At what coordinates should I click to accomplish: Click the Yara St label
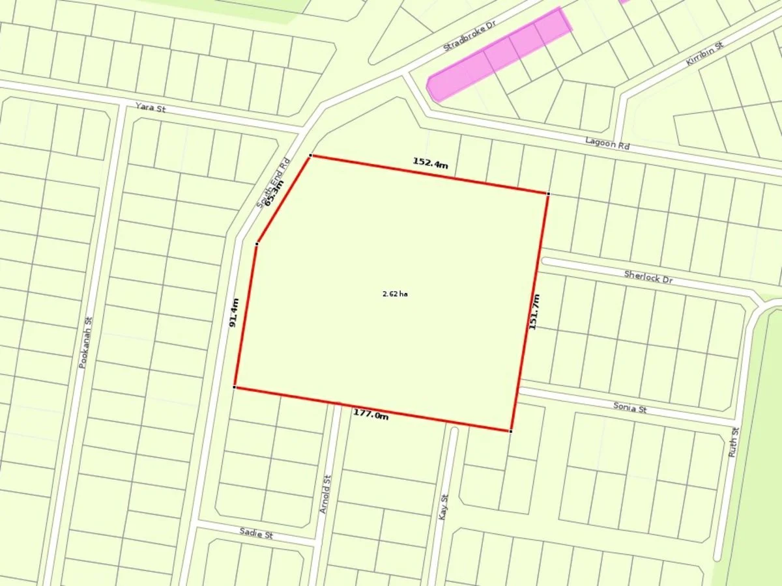(x=150, y=107)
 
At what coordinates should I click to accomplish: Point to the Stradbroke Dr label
(x=469, y=35)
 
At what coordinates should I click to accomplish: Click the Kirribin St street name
(x=705, y=51)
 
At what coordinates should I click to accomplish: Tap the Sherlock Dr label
(x=648, y=276)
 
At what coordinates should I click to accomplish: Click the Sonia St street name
(x=630, y=408)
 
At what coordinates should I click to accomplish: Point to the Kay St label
(x=445, y=507)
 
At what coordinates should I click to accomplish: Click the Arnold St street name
(x=325, y=494)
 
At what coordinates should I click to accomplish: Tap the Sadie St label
(x=255, y=534)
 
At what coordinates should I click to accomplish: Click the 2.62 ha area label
(x=394, y=294)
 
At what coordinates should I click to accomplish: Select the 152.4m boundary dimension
(x=430, y=163)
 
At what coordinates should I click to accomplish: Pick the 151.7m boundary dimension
(x=534, y=312)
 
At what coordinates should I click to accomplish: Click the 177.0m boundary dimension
(x=371, y=413)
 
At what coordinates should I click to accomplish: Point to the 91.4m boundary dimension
(x=235, y=313)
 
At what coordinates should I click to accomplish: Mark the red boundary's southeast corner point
(x=510, y=431)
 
